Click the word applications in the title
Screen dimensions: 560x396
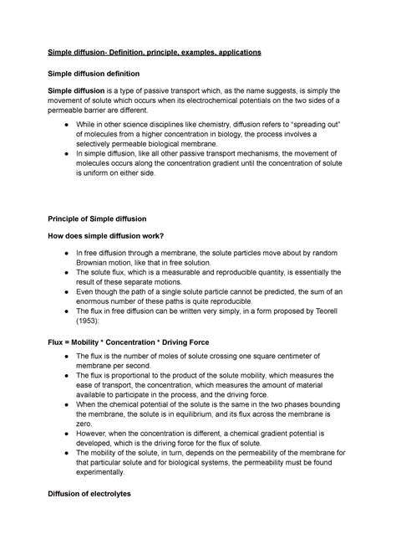click(x=236, y=52)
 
